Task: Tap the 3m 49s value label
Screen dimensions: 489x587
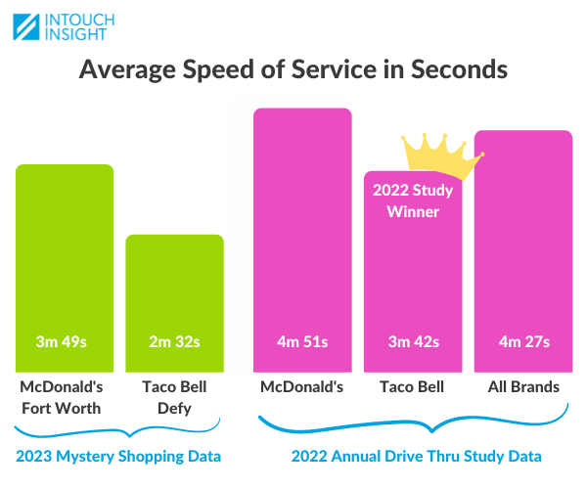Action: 65,341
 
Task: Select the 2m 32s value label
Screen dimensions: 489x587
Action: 174,341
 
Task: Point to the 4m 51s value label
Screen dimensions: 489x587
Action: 301,341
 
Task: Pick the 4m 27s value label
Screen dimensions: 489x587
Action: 522,341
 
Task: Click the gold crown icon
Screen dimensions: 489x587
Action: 437,156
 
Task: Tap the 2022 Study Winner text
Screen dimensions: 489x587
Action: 412,200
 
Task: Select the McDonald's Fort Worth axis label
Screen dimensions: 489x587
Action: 65,397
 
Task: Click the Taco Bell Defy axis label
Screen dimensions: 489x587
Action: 174,397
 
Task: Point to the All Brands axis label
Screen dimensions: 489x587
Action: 522,386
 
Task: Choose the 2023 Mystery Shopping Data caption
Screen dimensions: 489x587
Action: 118,456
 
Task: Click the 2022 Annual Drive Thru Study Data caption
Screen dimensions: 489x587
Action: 416,456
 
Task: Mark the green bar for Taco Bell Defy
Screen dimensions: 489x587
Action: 174,284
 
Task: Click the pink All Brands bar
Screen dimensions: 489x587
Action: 522,244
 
